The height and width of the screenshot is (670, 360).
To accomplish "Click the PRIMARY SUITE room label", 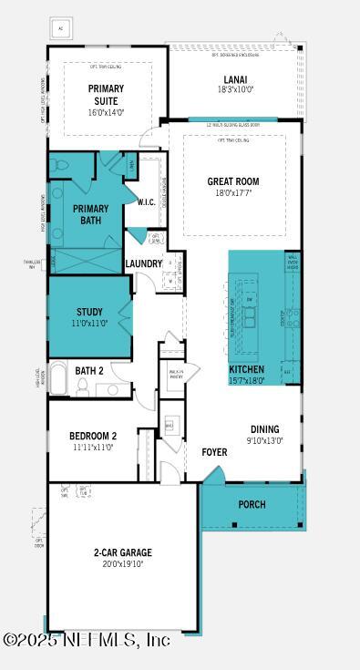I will click(106, 94).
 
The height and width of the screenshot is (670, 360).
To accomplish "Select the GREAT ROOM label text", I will click(233, 181).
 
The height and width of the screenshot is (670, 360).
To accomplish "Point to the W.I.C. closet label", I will click(146, 202).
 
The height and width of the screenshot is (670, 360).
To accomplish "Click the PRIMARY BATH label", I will click(90, 214).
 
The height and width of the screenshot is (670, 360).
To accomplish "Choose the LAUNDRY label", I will click(144, 264).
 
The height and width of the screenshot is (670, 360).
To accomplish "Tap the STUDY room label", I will click(89, 312).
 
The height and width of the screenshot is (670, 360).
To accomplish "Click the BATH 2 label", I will click(89, 371).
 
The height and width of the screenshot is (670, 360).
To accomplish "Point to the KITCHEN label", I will click(247, 369).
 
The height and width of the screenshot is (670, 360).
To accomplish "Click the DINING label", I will click(265, 429).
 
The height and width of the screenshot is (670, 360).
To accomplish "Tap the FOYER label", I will click(214, 451).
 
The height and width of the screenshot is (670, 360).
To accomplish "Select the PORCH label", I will click(252, 504).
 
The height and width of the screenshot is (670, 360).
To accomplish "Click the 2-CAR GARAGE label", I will click(122, 552).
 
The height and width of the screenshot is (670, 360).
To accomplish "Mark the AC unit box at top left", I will click(61, 27).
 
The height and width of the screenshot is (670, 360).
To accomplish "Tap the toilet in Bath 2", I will click(82, 387).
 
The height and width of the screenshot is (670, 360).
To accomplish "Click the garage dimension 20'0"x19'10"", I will click(122, 564).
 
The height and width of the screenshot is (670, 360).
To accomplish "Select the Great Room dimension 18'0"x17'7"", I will click(233, 192).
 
